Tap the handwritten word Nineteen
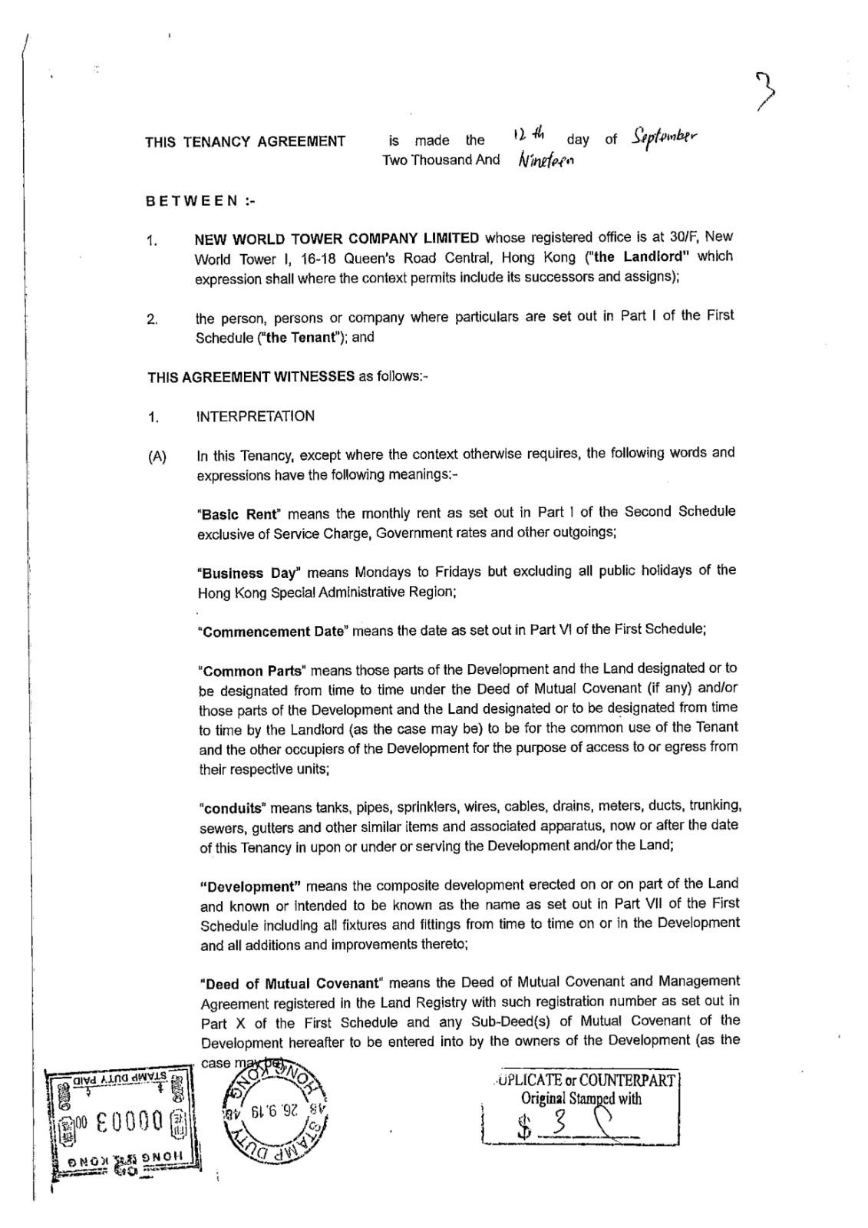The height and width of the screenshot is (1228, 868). [x=546, y=160]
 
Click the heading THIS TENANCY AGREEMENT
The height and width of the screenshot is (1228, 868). [x=245, y=141]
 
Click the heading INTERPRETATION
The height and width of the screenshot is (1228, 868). [x=256, y=417]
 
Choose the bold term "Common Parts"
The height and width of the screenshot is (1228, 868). [x=252, y=669]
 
